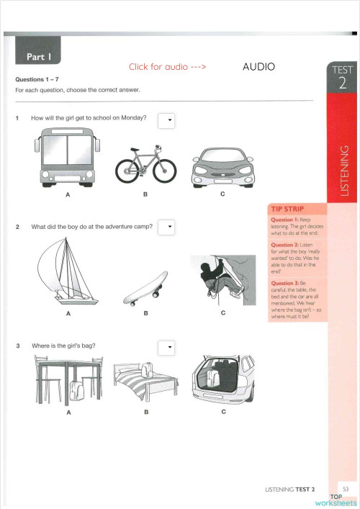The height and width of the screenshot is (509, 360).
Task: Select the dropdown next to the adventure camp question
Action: click(166, 228)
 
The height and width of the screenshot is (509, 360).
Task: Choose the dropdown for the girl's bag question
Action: click(167, 347)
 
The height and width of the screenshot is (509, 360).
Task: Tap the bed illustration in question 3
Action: click(145, 384)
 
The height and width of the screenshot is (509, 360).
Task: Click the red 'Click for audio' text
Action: click(168, 67)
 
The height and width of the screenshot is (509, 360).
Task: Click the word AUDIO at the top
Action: click(259, 66)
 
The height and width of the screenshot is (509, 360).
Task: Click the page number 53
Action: click(346, 490)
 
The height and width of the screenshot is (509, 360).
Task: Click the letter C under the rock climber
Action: click(223, 313)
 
